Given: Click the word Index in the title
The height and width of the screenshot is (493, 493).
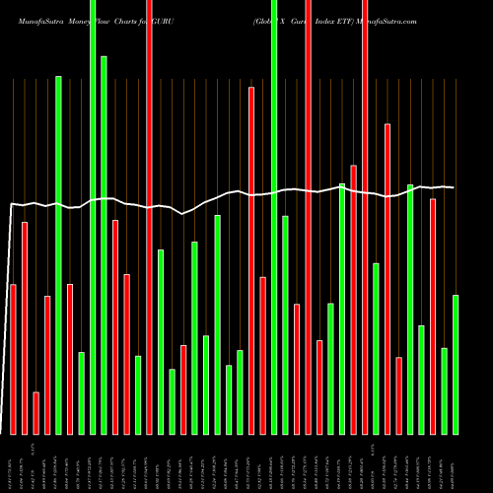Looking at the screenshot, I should (319, 20).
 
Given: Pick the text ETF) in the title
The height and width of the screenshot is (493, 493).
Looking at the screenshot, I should (342, 20).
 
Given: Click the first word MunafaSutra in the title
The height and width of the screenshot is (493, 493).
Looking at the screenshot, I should (38, 20).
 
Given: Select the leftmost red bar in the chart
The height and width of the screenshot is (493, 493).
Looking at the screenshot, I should (13, 359).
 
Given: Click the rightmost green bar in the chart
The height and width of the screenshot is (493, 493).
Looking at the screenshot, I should (456, 364).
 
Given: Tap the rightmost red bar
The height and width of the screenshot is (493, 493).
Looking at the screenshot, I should (433, 316).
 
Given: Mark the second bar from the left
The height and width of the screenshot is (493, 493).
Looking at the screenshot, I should (25, 327).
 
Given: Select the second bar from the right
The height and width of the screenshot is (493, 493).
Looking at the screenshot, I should (445, 390).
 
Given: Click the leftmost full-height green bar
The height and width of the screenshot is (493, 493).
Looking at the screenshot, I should (93, 217).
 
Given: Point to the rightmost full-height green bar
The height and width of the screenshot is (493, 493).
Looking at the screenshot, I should (274, 217).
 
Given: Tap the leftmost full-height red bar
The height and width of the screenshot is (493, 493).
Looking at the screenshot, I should (149, 217).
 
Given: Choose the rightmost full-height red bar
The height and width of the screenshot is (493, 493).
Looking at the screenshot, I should (365, 217).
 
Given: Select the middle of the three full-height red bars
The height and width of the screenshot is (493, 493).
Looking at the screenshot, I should (309, 217).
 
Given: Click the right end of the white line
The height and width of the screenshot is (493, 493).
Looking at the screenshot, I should (454, 187).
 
